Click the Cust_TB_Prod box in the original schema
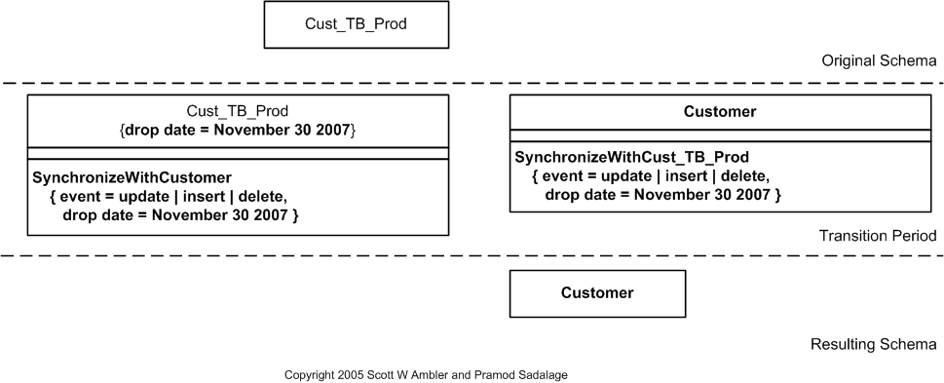click(x=356, y=25)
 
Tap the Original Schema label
click(x=879, y=60)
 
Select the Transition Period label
click(x=878, y=236)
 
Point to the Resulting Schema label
click(x=874, y=344)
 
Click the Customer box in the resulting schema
click(x=597, y=292)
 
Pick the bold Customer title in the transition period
click(x=720, y=112)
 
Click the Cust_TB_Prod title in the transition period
click(x=238, y=111)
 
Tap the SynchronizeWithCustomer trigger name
click(x=132, y=177)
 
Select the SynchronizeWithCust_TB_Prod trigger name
click(x=632, y=157)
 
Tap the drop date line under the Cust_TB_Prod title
click(x=238, y=130)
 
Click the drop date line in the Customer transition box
click(x=662, y=194)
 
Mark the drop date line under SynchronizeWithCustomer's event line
click(x=179, y=214)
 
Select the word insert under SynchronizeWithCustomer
click(x=208, y=196)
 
